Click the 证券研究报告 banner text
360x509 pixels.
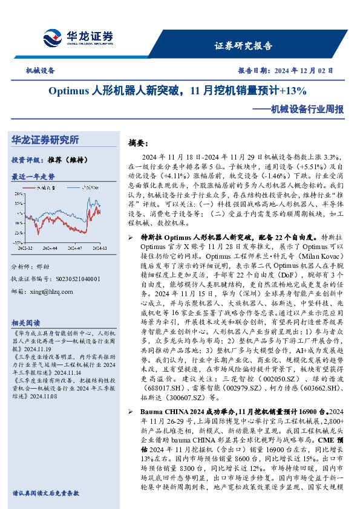coord(244,46)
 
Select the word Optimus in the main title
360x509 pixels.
coord(68,91)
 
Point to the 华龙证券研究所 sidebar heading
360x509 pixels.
coord(45,140)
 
